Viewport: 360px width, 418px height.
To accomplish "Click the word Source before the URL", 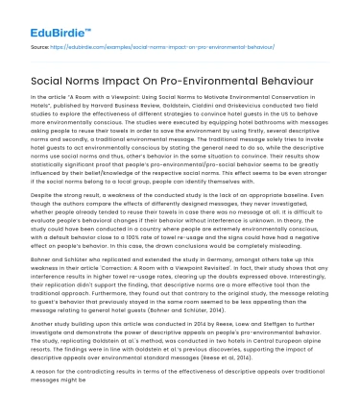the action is [x=40, y=44].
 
